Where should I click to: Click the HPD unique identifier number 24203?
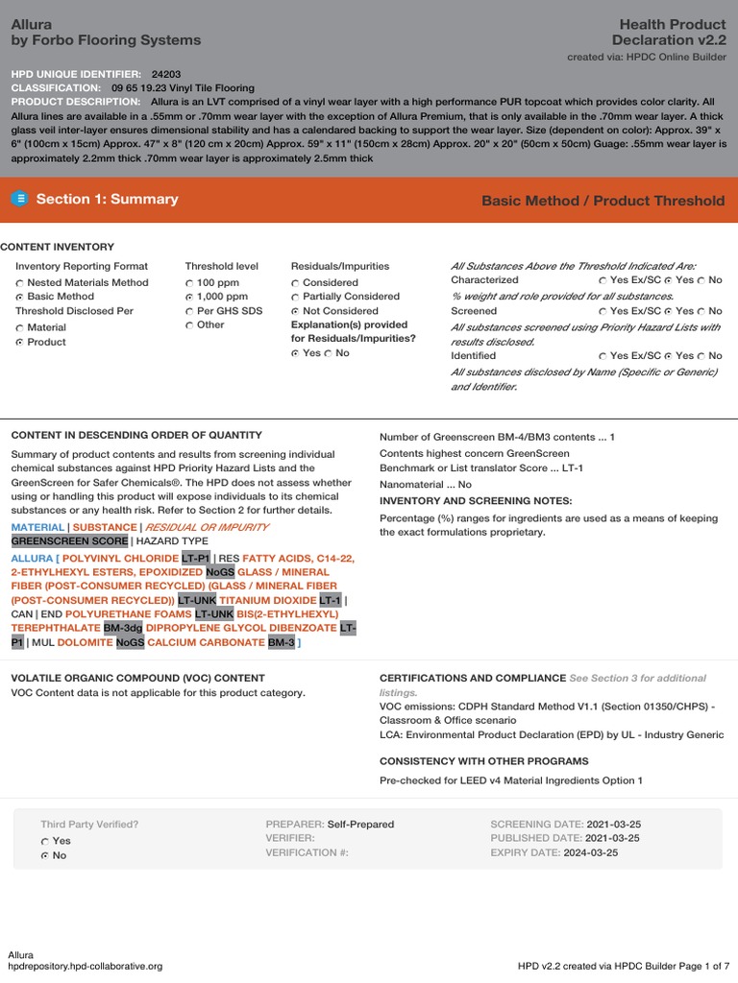(166, 74)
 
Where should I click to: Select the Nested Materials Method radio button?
(20, 283)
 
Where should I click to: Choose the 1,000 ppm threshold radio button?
(189, 298)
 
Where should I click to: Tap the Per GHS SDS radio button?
(189, 311)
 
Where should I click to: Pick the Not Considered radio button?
(296, 311)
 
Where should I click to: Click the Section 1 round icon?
(20, 199)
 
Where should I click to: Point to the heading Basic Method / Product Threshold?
(603, 201)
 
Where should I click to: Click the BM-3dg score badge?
(123, 628)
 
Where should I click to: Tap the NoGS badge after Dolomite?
(130, 642)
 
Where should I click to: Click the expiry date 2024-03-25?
(590, 852)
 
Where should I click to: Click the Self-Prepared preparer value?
(360, 825)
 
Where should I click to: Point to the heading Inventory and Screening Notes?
(476, 501)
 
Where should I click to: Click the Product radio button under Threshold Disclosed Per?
(20, 343)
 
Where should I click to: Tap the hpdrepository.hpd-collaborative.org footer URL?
(85, 966)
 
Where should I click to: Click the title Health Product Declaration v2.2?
(669, 32)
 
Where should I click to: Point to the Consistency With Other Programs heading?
(483, 761)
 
